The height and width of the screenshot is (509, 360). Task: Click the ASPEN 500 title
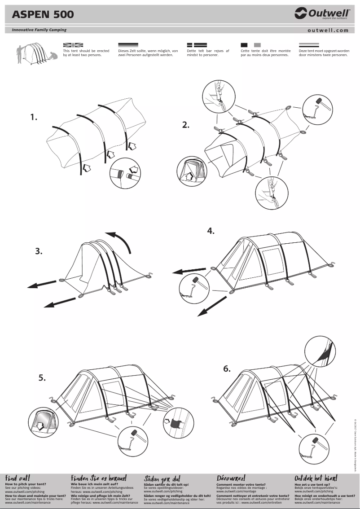click(x=43, y=14)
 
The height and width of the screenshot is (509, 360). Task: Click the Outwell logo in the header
click(x=322, y=14)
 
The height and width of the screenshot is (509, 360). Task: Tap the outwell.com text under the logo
click(x=328, y=31)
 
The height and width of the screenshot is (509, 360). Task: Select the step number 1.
click(x=34, y=117)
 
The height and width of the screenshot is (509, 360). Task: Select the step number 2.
click(x=186, y=125)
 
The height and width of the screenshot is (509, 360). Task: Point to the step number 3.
click(x=39, y=251)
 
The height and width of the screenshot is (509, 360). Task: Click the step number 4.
click(x=211, y=231)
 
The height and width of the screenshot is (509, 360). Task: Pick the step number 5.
click(x=42, y=378)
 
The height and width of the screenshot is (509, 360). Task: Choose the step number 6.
click(x=227, y=369)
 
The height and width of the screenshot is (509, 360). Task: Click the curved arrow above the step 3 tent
click(x=119, y=243)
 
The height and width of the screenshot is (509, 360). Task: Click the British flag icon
click(x=73, y=45)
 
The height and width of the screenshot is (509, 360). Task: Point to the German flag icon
click(x=128, y=45)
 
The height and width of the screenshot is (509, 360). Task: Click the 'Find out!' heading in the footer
click(x=18, y=478)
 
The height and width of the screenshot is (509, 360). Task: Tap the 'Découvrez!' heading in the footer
click(x=231, y=478)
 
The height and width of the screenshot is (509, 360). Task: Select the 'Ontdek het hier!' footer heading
click(x=316, y=478)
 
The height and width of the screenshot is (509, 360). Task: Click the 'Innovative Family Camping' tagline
click(x=36, y=30)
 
